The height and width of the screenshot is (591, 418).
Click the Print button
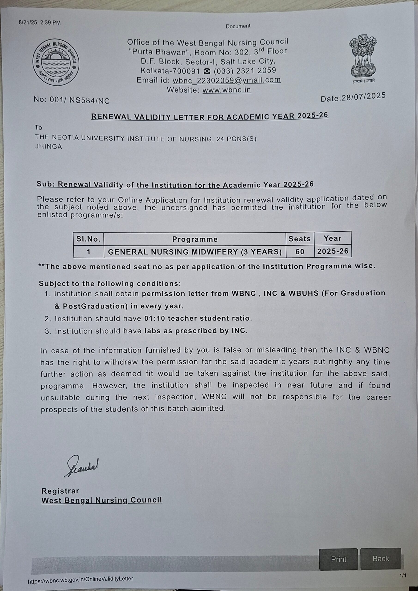338,559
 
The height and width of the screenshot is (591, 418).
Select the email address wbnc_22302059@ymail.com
227,80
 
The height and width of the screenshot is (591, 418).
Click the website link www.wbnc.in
227,90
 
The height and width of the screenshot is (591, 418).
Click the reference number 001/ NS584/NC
80,100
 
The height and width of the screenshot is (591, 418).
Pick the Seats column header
300,239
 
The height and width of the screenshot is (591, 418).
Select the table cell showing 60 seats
300,251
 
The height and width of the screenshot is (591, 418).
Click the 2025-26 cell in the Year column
333,251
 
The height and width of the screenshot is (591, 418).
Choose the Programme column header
195,239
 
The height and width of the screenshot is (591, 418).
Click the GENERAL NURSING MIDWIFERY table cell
195,252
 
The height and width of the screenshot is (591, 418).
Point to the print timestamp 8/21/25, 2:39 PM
40,23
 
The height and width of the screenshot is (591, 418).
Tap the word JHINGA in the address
49,147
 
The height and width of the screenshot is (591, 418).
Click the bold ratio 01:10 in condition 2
154,318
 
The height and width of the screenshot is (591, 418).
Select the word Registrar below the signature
60,491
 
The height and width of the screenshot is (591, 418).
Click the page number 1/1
403,576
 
